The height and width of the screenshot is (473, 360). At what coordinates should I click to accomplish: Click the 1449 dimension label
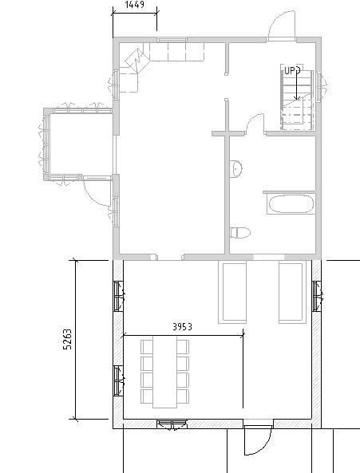(135, 5)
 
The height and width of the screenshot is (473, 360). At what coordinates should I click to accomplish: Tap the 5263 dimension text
(68, 339)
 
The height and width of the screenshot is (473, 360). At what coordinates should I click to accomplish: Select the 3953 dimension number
(182, 327)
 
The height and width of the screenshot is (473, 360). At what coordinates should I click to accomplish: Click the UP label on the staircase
(289, 71)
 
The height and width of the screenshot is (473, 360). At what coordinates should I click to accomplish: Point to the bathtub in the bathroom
(291, 204)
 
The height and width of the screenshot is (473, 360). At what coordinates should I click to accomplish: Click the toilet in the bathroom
(240, 233)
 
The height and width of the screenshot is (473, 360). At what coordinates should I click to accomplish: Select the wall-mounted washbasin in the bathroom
(235, 169)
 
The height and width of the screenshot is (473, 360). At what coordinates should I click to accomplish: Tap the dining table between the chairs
(164, 372)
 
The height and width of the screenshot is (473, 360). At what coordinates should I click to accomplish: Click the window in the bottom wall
(172, 424)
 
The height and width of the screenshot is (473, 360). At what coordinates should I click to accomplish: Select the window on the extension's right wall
(316, 296)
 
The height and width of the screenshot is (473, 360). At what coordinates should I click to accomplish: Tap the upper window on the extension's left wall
(118, 296)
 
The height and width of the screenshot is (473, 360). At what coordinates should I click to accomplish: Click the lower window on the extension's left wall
(118, 380)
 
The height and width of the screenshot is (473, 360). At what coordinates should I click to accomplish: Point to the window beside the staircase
(319, 86)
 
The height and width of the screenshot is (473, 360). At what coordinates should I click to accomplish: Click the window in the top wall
(172, 40)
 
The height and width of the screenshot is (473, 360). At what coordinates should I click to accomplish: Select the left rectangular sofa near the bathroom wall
(232, 293)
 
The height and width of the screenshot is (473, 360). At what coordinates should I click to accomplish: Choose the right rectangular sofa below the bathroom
(292, 293)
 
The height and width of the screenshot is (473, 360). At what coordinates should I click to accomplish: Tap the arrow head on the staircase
(297, 97)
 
